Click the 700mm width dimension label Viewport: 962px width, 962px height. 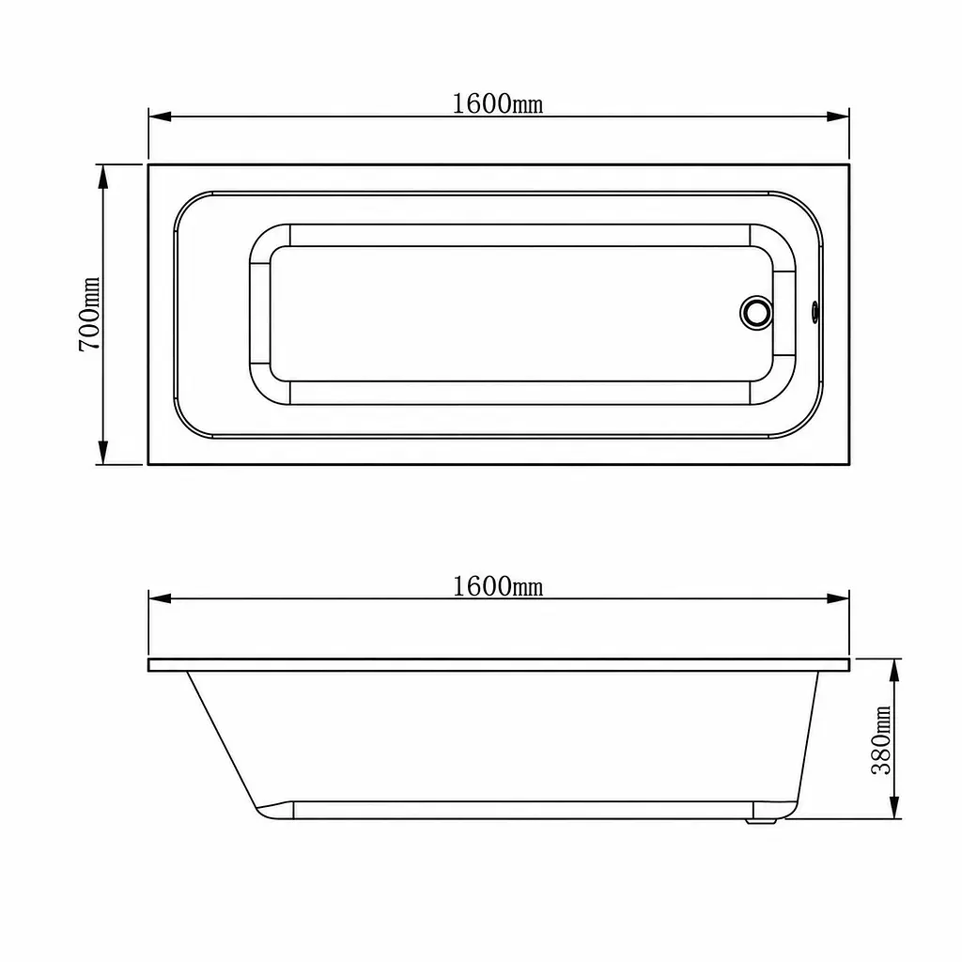pos(89,314)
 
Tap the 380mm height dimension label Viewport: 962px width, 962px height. pos(881,740)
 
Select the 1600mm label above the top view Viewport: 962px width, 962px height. pos(498,103)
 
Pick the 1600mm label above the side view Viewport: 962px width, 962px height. pos(498,586)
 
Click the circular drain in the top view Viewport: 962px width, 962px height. pos(756,312)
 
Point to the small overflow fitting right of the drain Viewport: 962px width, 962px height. pos(815,312)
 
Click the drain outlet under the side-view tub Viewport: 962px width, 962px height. pos(761,820)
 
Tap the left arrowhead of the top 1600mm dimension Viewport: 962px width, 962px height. pos(160,116)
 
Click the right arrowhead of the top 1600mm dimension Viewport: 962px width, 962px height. pos(838,116)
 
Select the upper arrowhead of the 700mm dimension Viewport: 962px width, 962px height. pos(103,176)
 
